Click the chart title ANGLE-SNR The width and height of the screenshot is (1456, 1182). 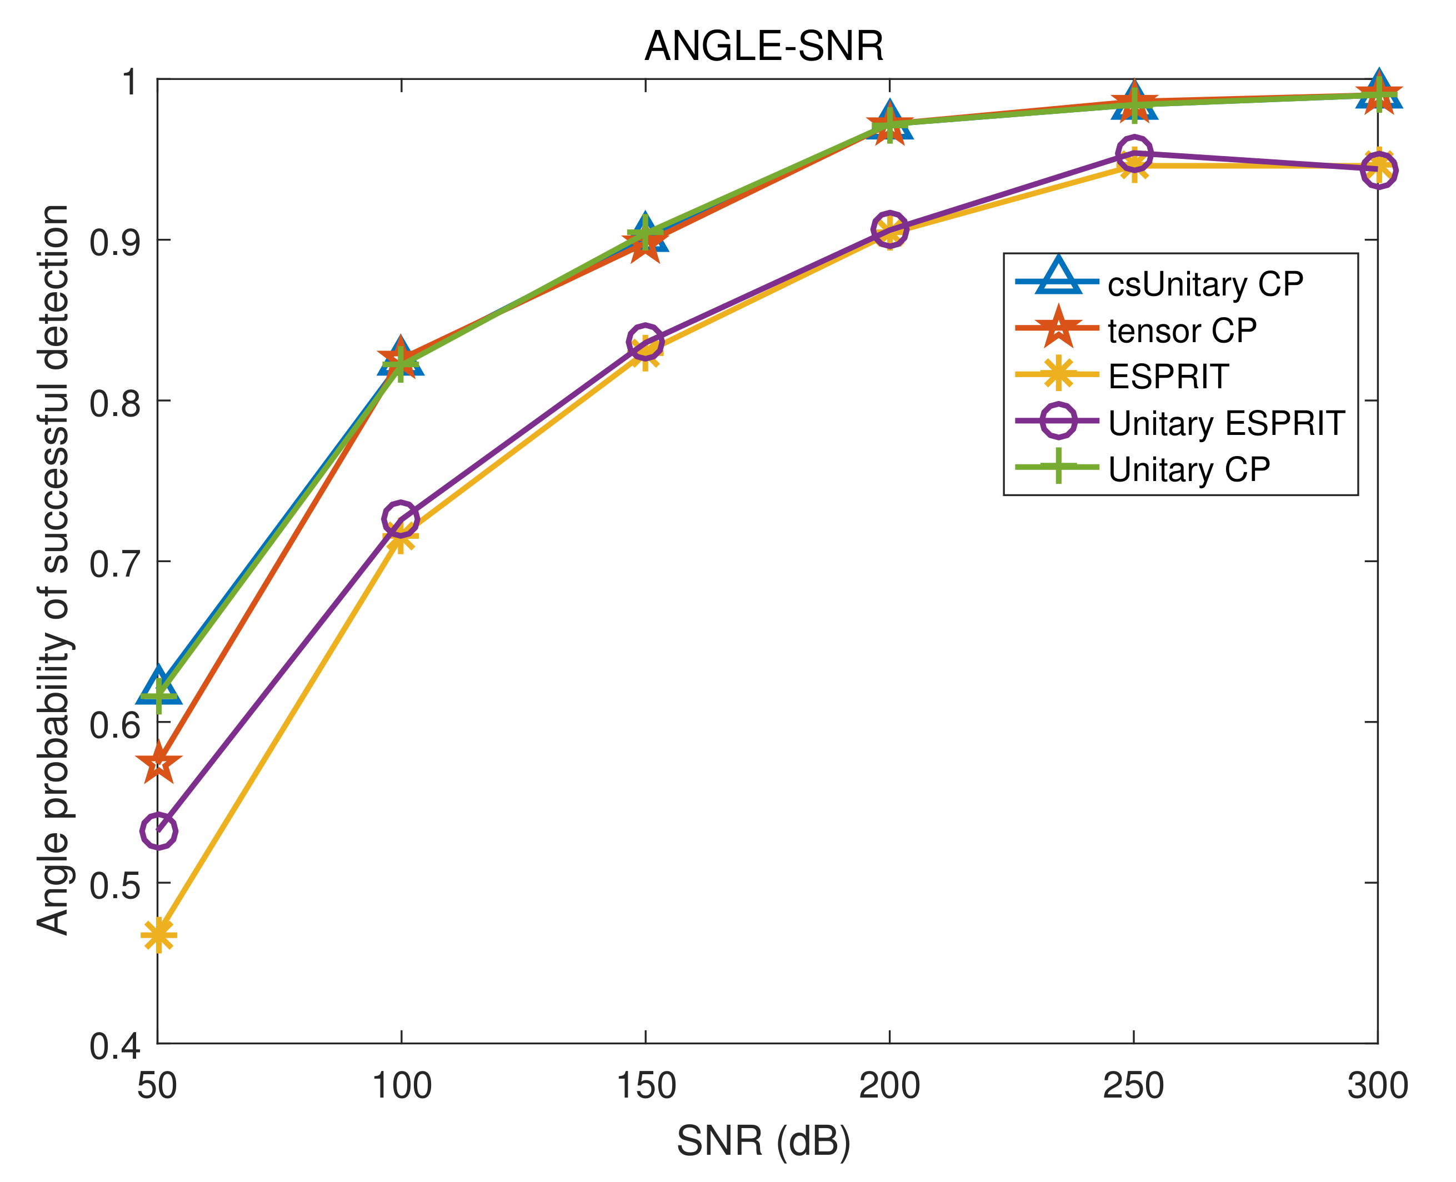[x=763, y=46]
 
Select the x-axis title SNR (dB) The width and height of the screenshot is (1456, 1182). [x=763, y=1141]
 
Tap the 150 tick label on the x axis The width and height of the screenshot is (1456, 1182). [x=646, y=1086]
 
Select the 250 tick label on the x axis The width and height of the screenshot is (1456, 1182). [x=1133, y=1086]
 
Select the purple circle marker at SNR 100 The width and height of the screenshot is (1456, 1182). [x=401, y=519]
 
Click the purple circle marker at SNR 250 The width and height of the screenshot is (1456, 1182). [x=1134, y=153]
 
